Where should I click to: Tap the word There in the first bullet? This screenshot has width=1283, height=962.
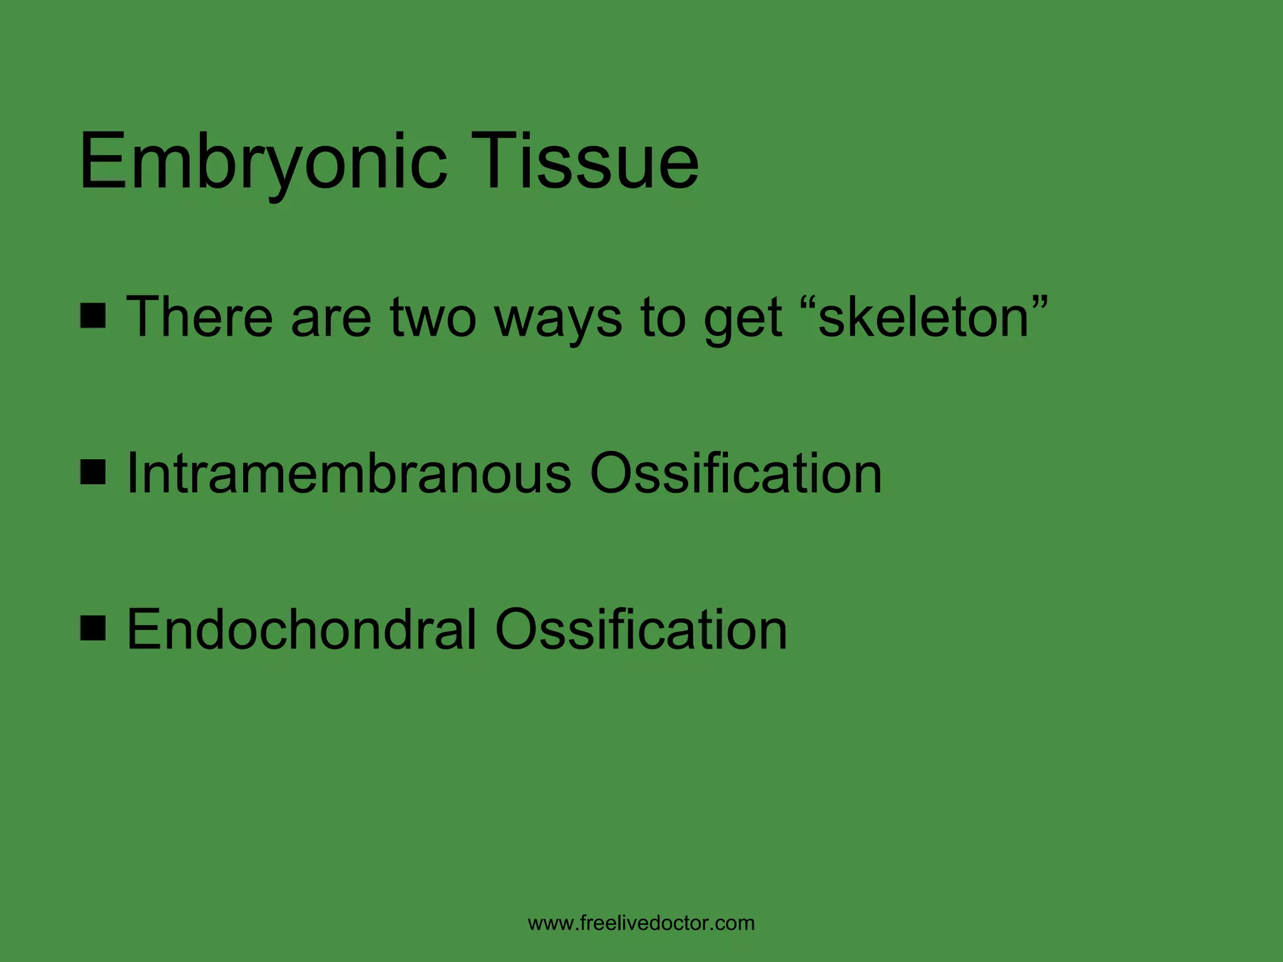pyautogui.click(x=199, y=317)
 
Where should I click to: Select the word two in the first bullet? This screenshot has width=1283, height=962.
pyautogui.click(x=432, y=318)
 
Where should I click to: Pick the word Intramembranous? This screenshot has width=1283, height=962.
pyautogui.click(x=348, y=473)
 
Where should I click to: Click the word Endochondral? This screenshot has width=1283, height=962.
pyautogui.click(x=301, y=629)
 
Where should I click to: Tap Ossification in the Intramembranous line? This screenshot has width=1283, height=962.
pyautogui.click(x=735, y=473)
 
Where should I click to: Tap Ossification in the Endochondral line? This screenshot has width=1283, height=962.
pyautogui.click(x=640, y=629)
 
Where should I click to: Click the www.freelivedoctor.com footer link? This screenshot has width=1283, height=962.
pyautogui.click(x=641, y=923)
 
